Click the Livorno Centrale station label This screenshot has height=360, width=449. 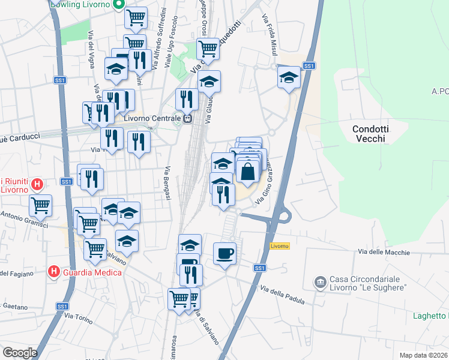(152, 118)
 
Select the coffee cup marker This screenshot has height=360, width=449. (224, 253)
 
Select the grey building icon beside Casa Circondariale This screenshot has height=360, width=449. (320, 281)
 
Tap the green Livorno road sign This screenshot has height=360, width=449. (280, 246)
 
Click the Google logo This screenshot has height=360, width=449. (20, 353)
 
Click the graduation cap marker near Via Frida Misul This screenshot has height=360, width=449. (289, 77)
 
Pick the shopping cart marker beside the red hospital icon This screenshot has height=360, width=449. (40, 205)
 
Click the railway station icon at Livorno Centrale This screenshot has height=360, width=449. (187, 118)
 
